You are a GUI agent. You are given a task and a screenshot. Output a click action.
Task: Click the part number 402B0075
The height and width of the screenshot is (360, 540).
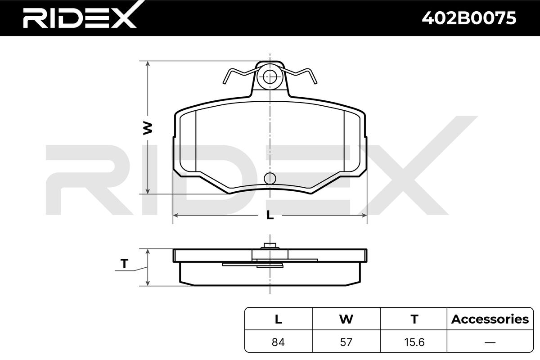[x=469, y=18]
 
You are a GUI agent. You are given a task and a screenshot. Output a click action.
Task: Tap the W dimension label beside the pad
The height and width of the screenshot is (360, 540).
[x=148, y=128]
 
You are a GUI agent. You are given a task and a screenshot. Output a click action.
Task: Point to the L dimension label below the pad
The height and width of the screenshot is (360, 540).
[x=270, y=215]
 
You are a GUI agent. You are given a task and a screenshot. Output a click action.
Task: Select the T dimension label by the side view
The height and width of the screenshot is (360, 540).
[x=124, y=264]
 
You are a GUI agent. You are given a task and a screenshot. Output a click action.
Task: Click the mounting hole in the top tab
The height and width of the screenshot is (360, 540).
[x=270, y=77]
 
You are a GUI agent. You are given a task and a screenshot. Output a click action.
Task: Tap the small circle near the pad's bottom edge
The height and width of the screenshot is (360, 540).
[x=270, y=179]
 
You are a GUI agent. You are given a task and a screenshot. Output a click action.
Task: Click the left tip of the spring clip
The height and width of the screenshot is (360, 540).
[x=224, y=83]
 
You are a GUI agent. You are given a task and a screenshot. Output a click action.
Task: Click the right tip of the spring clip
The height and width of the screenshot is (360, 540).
[x=315, y=83]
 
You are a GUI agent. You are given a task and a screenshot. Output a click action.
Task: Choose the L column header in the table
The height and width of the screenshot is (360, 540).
[x=279, y=319]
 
